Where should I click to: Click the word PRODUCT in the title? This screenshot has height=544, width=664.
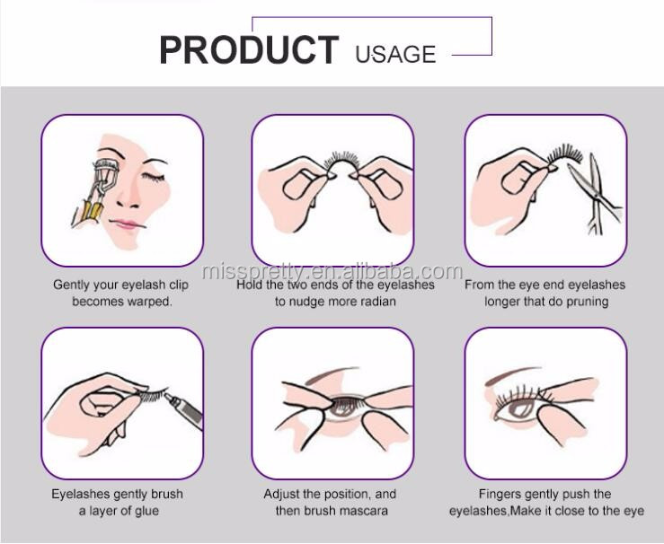(249, 50)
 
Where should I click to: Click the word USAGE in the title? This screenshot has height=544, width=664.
(395, 54)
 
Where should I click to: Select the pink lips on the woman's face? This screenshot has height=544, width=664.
(126, 224)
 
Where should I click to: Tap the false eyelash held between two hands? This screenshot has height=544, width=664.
(343, 161)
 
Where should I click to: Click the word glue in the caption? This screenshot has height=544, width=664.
(146, 511)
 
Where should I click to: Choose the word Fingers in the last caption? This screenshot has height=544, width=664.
(498, 494)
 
